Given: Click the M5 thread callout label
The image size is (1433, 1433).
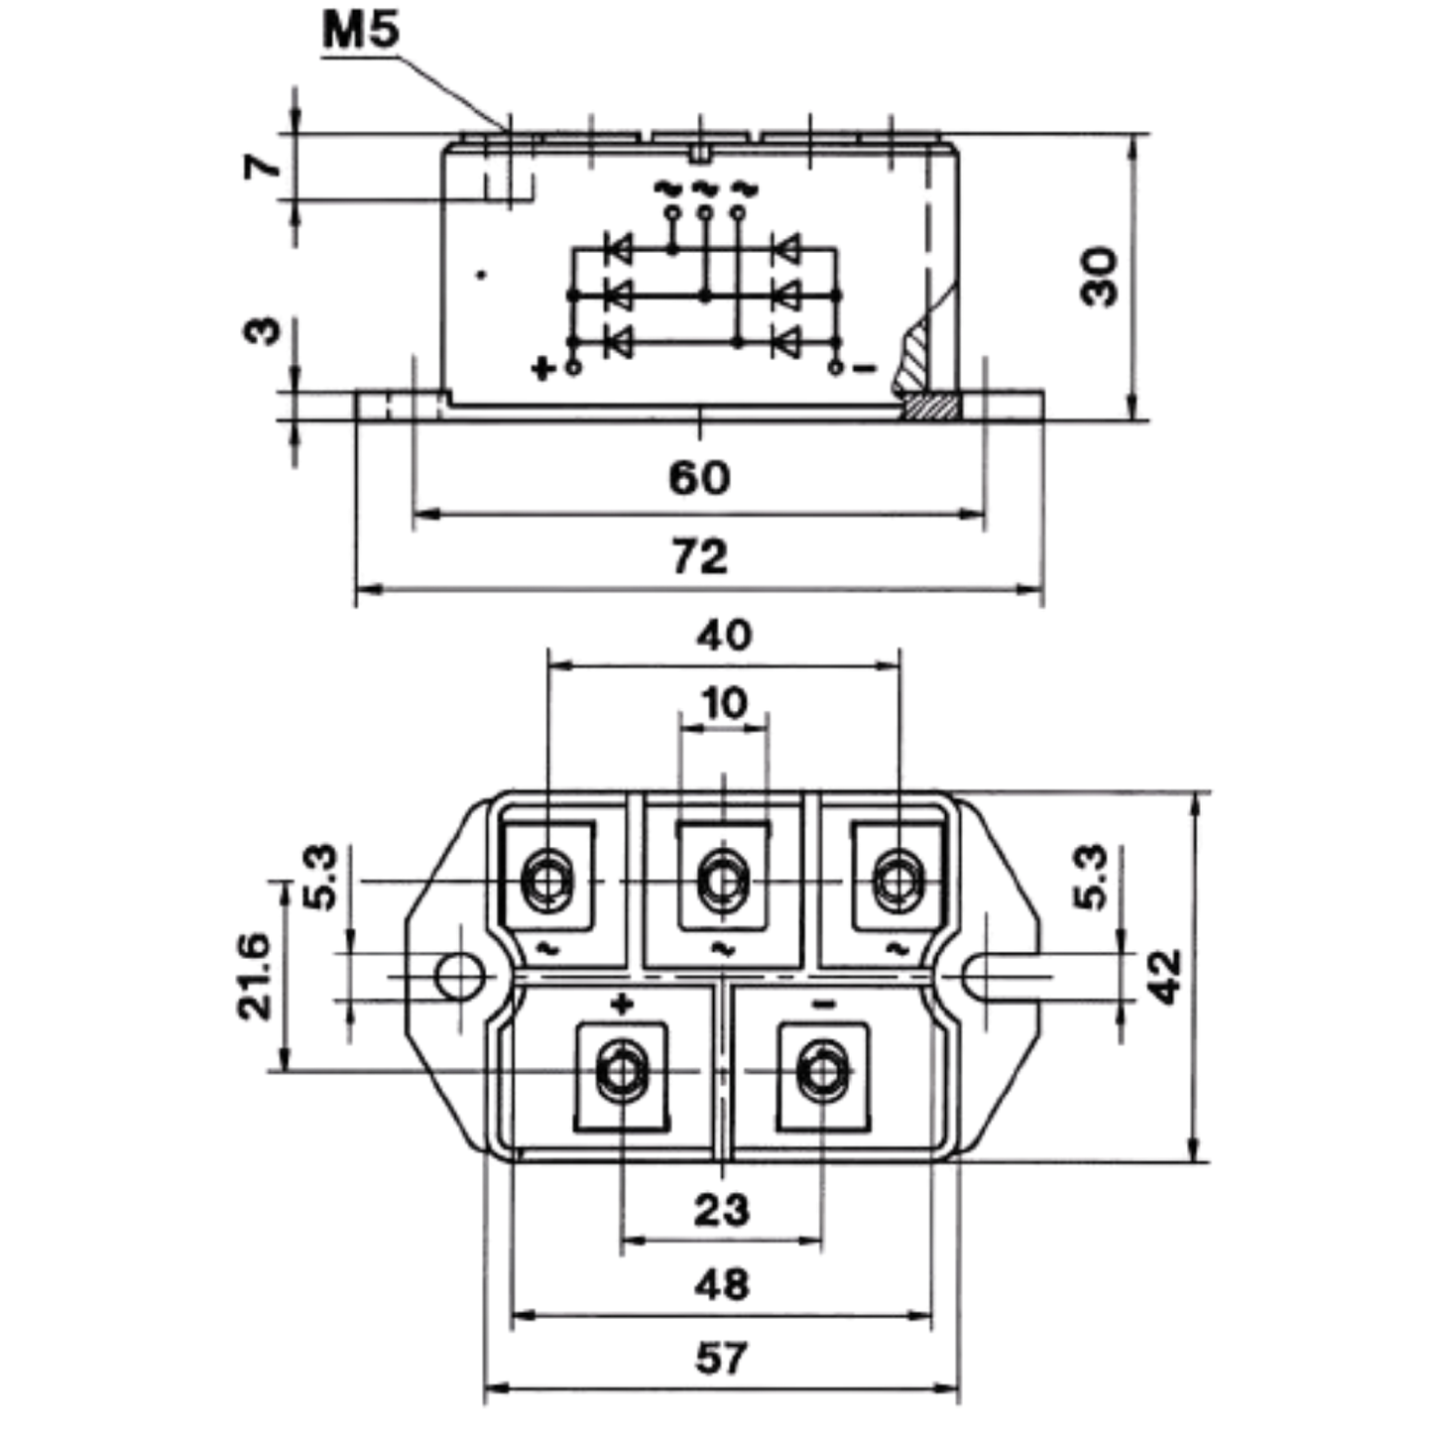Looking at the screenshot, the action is click(361, 31).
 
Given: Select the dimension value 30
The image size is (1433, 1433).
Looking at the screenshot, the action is click(1099, 277).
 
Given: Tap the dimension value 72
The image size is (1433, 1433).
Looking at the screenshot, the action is click(699, 556).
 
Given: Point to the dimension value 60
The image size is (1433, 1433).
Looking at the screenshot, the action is click(699, 477).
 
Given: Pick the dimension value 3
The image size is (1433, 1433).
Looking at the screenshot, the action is click(262, 331).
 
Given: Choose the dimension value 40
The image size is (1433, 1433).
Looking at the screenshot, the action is click(724, 636).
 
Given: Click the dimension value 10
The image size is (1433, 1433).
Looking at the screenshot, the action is click(724, 703).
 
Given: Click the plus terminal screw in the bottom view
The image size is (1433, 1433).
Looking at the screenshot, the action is click(621, 1072).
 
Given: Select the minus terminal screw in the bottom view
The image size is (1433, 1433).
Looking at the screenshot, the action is click(822, 1072).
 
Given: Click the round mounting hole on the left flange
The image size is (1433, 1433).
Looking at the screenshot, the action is click(459, 976).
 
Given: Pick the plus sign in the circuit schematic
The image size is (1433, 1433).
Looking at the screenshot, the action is click(543, 368).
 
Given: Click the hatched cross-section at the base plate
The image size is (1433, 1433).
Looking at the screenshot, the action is click(929, 407).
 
